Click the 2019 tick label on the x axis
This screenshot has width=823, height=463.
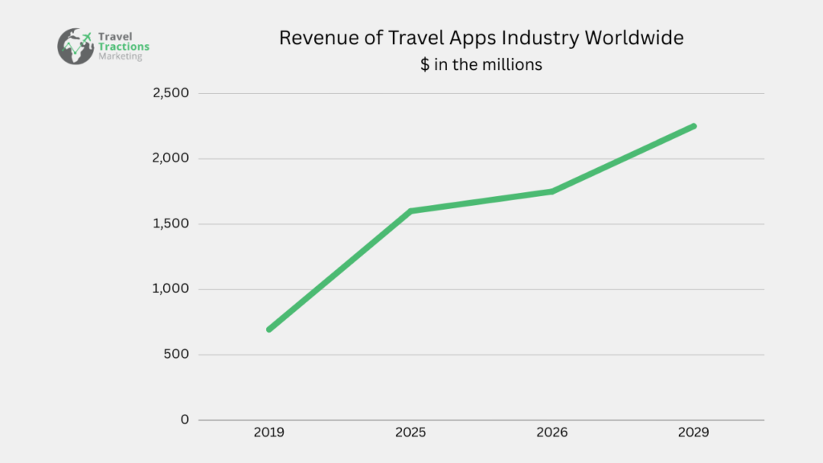click(268, 432)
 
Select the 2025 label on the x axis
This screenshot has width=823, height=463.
click(410, 432)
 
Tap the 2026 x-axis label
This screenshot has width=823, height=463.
click(552, 432)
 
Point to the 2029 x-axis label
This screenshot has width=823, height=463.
click(694, 432)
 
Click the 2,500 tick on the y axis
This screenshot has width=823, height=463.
click(170, 93)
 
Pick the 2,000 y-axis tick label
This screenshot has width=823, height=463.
click(170, 158)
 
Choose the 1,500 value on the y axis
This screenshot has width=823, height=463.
click(170, 223)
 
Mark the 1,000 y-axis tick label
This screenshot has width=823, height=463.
click(170, 289)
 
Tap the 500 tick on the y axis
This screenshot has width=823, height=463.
click(176, 354)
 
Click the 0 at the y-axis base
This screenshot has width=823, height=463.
click(185, 420)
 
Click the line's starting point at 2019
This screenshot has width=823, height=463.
click(268, 330)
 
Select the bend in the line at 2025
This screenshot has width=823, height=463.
click(410, 211)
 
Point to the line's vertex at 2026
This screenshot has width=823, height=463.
click(552, 191)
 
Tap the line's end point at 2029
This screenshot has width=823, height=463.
click(694, 126)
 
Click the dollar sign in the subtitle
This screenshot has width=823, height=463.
click(424, 64)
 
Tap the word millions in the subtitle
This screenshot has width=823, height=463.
click(513, 64)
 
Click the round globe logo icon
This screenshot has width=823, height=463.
click(76, 46)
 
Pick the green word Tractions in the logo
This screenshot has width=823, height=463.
click(122, 47)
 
